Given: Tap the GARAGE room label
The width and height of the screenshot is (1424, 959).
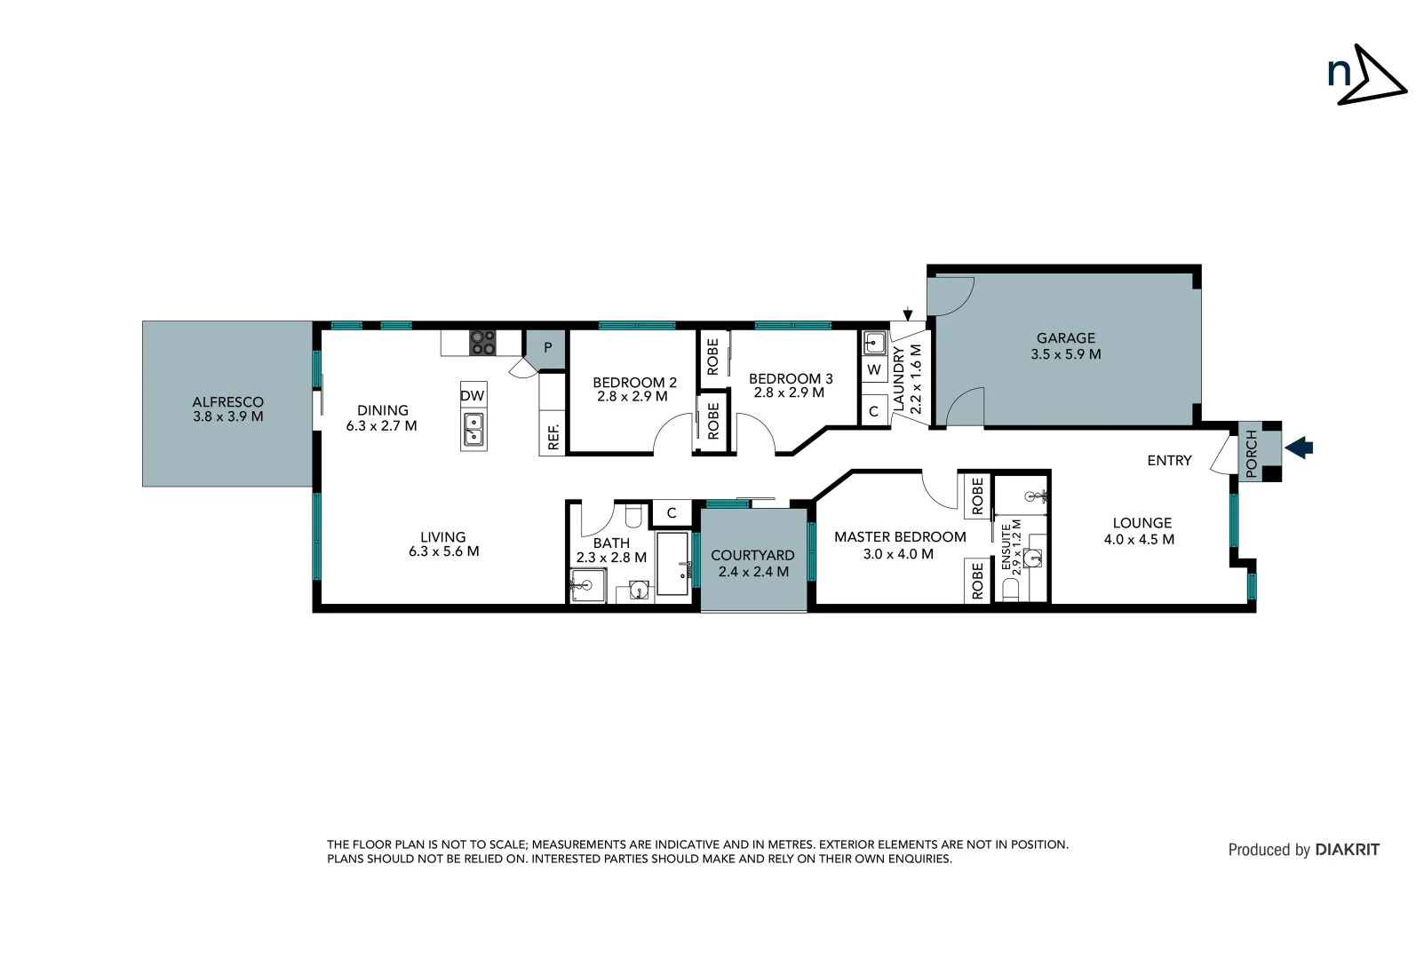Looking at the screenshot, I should click(x=1065, y=338).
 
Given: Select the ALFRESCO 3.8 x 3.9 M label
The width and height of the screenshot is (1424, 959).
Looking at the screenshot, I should click(x=228, y=409).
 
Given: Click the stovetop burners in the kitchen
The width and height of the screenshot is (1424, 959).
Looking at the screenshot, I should click(x=482, y=343).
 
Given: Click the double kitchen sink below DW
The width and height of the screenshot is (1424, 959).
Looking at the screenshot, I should click(x=473, y=431).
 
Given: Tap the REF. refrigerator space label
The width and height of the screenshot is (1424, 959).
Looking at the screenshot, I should click(x=553, y=436).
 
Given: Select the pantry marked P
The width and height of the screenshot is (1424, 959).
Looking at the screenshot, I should click(x=547, y=348).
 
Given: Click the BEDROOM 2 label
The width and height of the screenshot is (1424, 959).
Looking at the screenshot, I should click(x=634, y=383).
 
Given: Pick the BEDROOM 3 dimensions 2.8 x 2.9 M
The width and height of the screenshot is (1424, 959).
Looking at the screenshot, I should click(x=789, y=392).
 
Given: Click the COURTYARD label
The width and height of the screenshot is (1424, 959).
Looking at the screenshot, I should click(x=752, y=556).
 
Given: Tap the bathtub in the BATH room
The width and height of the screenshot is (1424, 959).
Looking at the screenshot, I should click(x=672, y=564).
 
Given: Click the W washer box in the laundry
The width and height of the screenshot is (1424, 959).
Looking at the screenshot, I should click(x=874, y=369).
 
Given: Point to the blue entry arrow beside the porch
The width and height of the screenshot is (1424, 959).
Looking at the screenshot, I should click(x=1300, y=448).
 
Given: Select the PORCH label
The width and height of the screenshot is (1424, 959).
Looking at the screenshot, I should click(x=1252, y=454).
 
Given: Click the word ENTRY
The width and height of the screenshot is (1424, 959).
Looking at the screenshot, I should click(x=1169, y=460).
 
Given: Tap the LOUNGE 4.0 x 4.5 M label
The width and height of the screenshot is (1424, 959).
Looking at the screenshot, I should click(x=1141, y=531).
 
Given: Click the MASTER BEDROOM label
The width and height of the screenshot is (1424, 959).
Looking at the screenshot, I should click(x=899, y=537).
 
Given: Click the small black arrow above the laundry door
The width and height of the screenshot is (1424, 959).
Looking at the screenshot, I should click(x=907, y=314).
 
